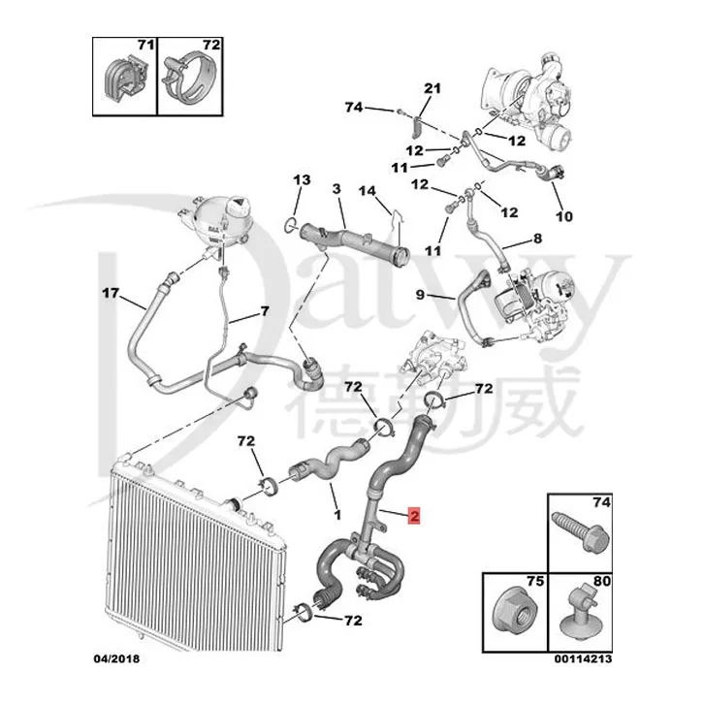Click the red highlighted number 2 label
pos(414,518)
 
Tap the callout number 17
pos(110,292)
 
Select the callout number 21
pos(432,89)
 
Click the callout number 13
pos(302,179)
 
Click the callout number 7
pos(262,311)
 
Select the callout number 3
pos(336,187)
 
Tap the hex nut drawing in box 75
pos(513,609)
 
